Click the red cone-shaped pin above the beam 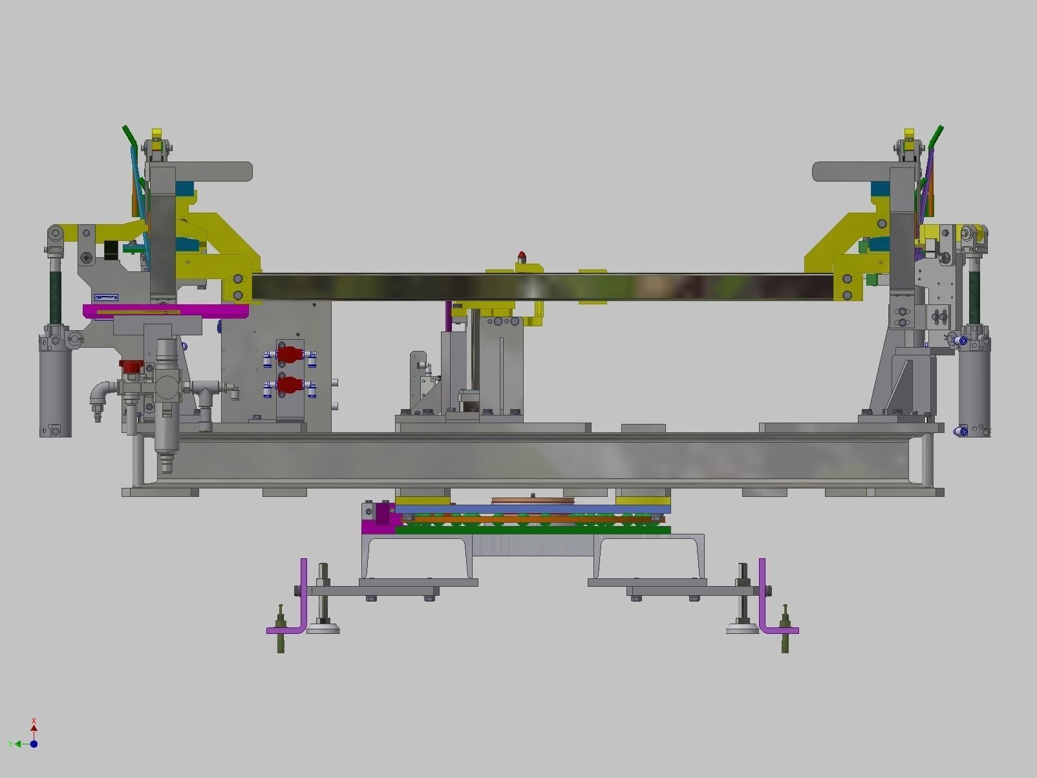click(x=522, y=257)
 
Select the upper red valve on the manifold click(x=290, y=354)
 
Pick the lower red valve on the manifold click(x=290, y=386)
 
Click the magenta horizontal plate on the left click(x=166, y=311)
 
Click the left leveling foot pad click(x=323, y=627)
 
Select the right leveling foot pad click(x=743, y=627)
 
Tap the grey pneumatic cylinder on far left click(x=56, y=394)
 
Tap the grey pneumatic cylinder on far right click(x=974, y=394)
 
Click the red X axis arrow click(x=34, y=728)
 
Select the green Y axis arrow click(x=17, y=744)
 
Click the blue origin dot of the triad click(x=34, y=744)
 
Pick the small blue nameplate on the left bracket click(x=106, y=297)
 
